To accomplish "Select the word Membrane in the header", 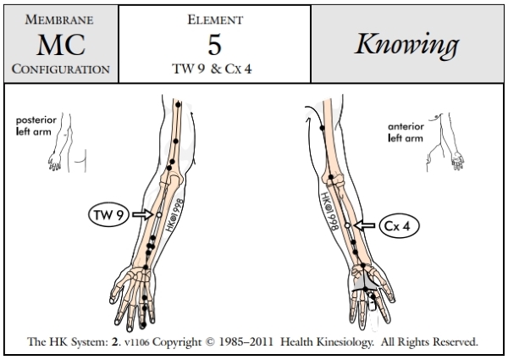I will (58, 17).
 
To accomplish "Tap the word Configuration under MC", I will (58, 69).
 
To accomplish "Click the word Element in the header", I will (214, 17).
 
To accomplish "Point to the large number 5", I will (214, 42).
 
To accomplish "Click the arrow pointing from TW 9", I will (140, 216).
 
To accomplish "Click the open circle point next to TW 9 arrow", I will (158, 216).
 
